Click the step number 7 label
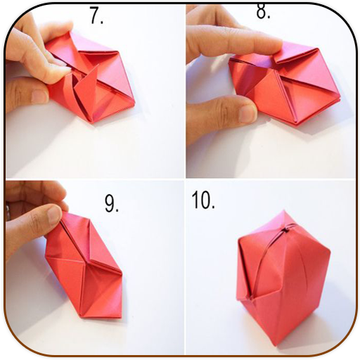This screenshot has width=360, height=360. tap(96, 15)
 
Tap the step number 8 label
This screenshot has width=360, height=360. tap(263, 11)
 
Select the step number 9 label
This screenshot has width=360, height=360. tap(112, 204)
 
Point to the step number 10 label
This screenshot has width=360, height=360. tap(203, 200)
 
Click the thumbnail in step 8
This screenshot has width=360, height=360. tap(247, 114)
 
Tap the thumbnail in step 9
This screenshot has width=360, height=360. tap(55, 214)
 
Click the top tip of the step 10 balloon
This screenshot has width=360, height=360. tap(284, 210)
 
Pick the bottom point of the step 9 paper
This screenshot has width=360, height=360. tap(82, 317)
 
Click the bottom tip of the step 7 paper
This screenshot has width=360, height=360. tap(92, 122)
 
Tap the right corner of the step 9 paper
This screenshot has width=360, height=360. tap(122, 273)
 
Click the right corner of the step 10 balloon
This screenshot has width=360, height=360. tap(330, 252)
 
